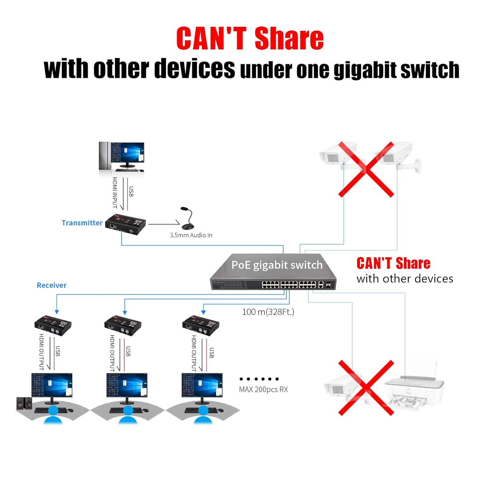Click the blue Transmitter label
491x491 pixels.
[82, 223]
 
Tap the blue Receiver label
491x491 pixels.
[51, 285]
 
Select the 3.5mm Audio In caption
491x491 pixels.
[191, 235]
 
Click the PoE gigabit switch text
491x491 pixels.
[277, 265]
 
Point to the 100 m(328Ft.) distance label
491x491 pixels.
[268, 312]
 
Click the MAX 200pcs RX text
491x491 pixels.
[263, 390]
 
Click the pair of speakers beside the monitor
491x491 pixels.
[24, 403]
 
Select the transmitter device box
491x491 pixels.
[126, 225]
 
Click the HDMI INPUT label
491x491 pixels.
[115, 193]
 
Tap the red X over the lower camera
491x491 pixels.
[366, 388]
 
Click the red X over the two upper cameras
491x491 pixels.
[366, 169]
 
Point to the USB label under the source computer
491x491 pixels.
[131, 192]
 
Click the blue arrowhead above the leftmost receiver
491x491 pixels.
[57, 312]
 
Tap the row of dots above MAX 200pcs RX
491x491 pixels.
[259, 379]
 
